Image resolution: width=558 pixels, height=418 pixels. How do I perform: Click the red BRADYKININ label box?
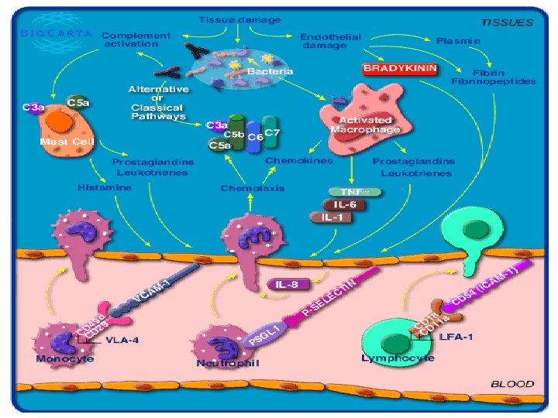click(400, 69)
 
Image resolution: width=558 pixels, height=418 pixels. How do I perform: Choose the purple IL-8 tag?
click(284, 284)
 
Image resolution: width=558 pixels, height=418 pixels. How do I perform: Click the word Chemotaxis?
click(252, 188)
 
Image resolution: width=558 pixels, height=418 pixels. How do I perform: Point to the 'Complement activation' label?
click(136, 39)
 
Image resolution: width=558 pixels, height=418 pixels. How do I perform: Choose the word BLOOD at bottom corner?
click(512, 383)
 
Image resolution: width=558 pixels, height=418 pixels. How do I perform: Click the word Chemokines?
click(298, 160)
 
